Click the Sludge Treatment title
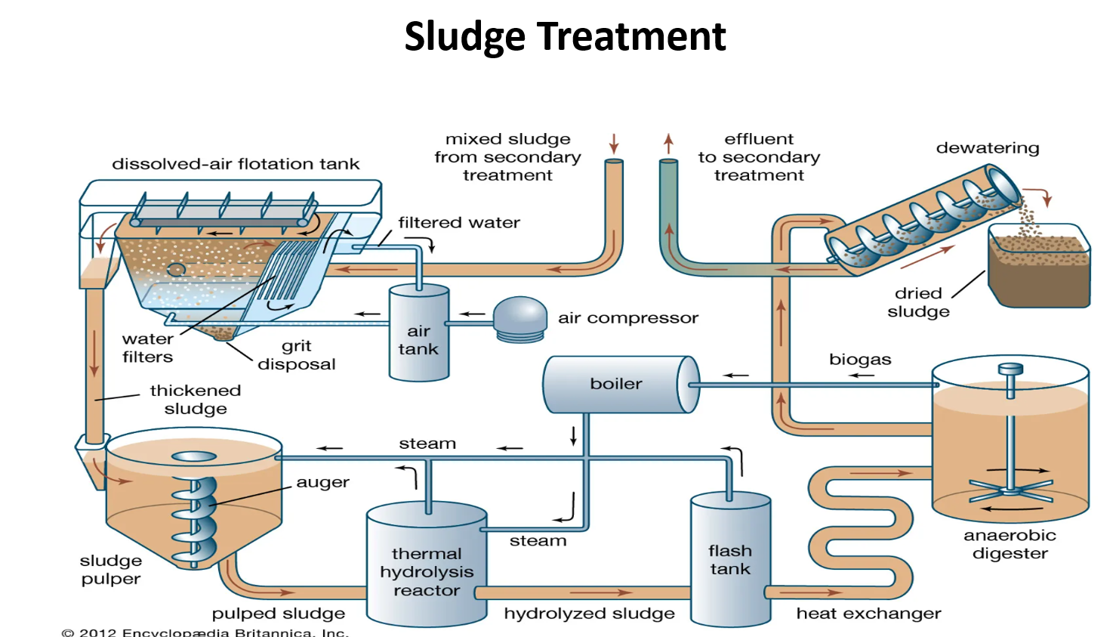point(565,36)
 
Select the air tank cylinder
point(419,332)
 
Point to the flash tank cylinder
point(730,559)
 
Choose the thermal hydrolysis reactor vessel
point(427,565)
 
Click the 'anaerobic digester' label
point(1010,544)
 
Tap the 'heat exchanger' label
point(868,614)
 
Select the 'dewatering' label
point(988,148)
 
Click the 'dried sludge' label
point(918,302)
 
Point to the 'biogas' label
point(860,360)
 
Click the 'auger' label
point(322,482)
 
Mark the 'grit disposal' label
point(297,355)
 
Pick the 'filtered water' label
point(459,223)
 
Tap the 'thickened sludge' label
point(195,400)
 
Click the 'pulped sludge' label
point(278,614)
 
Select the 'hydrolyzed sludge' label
point(589,614)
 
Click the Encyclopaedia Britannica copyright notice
point(205,632)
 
